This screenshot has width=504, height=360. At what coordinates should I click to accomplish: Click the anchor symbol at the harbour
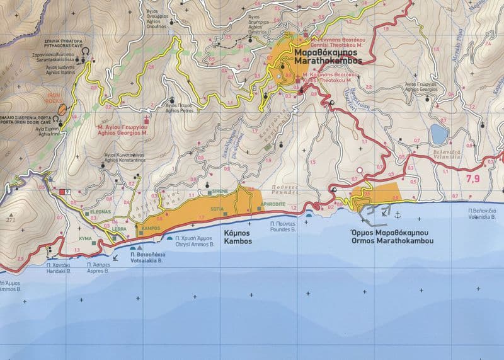point(398,215)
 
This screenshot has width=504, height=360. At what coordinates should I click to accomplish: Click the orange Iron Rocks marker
point(62,110)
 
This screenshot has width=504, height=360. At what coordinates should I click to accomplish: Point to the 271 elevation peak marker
point(10,219)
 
